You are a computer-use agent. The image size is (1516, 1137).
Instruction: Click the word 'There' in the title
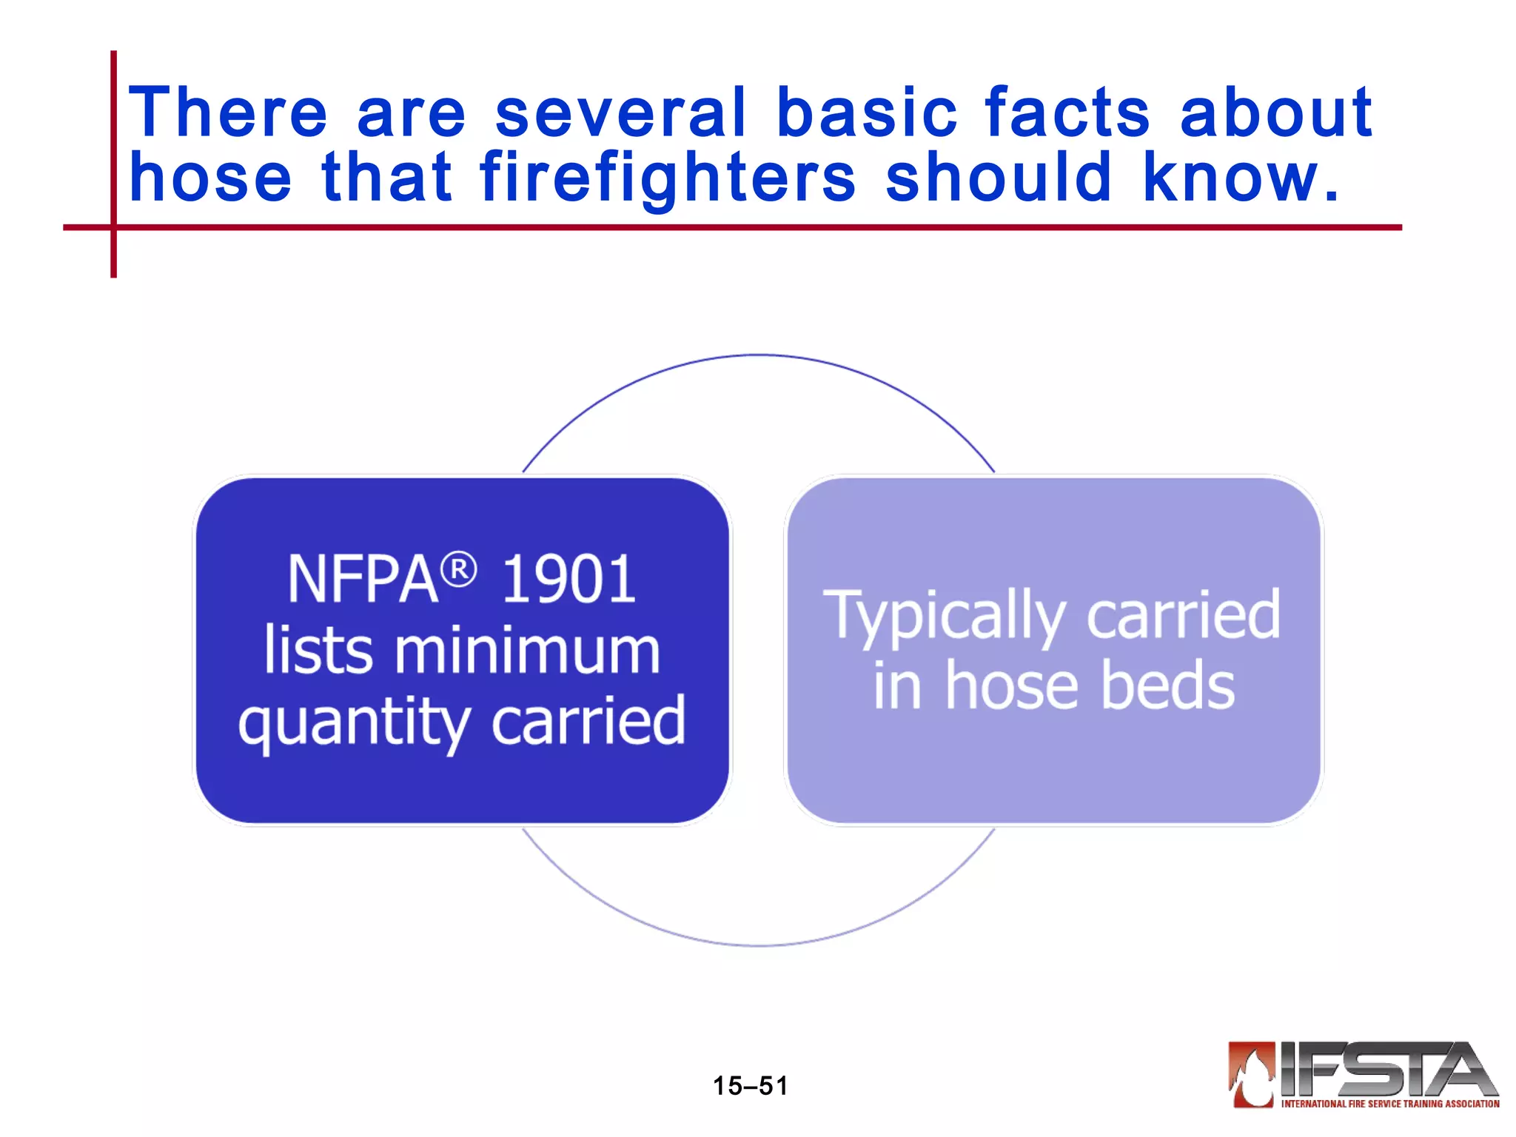(x=227, y=113)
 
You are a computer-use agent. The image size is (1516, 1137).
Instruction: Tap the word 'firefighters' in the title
(x=668, y=178)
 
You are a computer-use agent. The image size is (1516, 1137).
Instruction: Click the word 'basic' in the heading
(x=867, y=113)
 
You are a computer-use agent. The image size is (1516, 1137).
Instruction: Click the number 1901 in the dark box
(x=568, y=580)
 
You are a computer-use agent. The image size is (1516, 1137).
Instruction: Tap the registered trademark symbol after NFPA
(x=459, y=571)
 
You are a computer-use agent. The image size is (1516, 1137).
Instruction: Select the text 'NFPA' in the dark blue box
(x=363, y=580)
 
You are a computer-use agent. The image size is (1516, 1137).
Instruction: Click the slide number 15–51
(x=750, y=1086)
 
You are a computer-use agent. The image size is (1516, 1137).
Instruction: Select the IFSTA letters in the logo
(x=1384, y=1069)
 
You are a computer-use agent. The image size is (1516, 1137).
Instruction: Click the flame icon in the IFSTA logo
(x=1252, y=1074)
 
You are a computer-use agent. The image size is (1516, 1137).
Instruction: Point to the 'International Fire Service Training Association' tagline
(x=1390, y=1104)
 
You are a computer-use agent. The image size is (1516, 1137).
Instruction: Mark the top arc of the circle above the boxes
(x=758, y=356)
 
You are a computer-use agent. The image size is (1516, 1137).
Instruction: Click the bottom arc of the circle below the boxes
(x=758, y=945)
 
